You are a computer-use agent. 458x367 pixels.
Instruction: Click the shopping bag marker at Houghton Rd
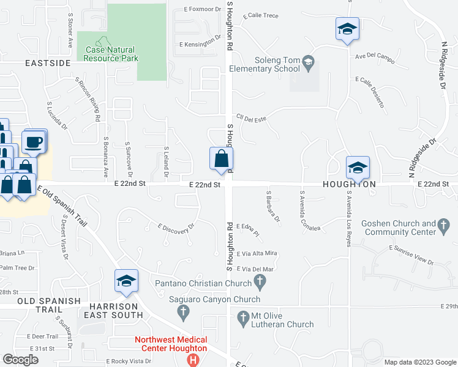click(x=220, y=159)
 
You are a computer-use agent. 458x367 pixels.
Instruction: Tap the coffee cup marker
click(x=34, y=143)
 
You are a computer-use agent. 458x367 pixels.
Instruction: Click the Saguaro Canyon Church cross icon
click(x=182, y=313)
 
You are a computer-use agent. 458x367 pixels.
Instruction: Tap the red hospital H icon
click(x=194, y=360)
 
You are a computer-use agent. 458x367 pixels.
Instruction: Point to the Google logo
click(x=21, y=360)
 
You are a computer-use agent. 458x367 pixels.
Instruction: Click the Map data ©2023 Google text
click(x=419, y=362)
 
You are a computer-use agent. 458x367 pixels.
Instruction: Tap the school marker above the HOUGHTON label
click(x=358, y=166)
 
